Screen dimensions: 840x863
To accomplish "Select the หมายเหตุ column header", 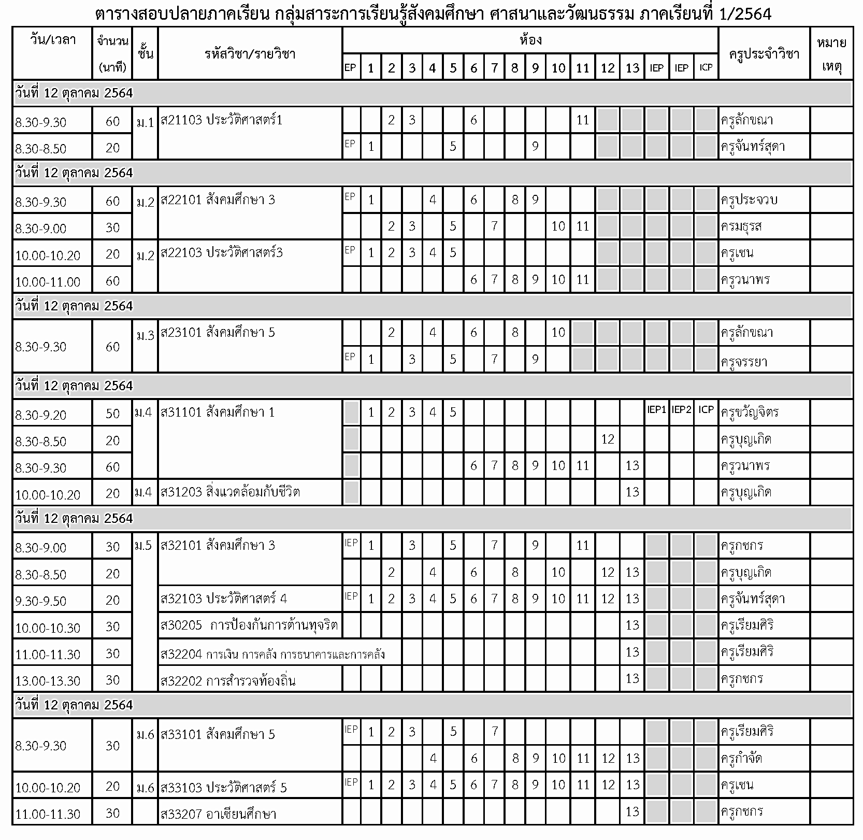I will point(831,54).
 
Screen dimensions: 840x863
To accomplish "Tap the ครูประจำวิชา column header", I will point(764,54).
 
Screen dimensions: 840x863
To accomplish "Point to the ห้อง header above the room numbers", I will point(530,40).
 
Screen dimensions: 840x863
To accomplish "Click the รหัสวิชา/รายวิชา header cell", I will point(250,54).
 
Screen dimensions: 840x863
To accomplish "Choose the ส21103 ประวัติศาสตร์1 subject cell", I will point(222,121).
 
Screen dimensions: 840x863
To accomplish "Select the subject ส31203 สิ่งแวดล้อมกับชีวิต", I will point(230,492).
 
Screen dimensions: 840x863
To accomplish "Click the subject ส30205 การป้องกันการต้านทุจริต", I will point(249,625).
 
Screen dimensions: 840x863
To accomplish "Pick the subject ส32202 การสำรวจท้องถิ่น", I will point(228,680).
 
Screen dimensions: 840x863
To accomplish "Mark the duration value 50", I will point(112,414).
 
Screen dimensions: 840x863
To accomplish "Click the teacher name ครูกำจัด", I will point(741,759).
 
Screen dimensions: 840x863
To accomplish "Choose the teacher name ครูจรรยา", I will point(741,361).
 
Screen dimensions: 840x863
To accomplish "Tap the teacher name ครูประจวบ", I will point(749,200).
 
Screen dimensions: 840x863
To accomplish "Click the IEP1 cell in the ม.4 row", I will point(656,410).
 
